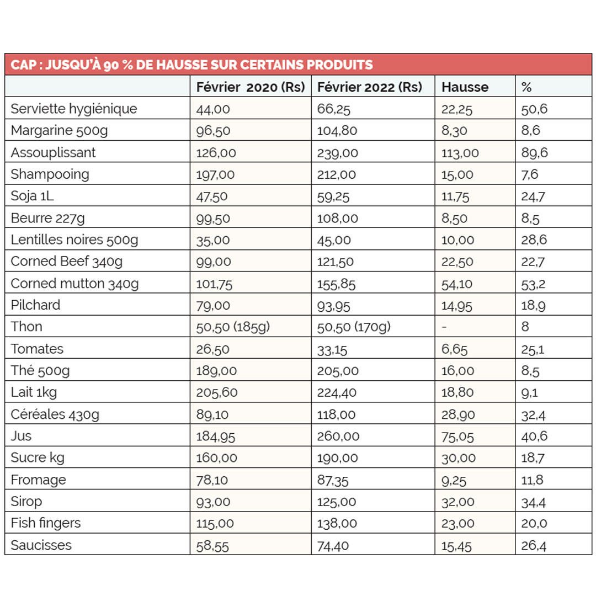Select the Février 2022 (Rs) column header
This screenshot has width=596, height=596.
coord(370,87)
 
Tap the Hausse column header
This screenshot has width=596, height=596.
coord(465,87)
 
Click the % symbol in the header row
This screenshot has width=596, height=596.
coord(526,87)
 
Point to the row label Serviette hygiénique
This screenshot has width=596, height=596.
coord(73,109)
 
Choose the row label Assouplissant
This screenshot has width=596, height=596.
coord(53,152)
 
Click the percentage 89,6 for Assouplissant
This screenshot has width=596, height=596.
coord(535,153)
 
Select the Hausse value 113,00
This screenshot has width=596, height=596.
coord(460,153)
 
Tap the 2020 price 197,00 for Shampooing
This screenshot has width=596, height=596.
coord(215,175)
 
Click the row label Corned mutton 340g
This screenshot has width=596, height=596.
coord(74,284)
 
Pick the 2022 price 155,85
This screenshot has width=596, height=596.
coord(336,284)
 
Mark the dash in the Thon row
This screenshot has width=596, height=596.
coord(445,327)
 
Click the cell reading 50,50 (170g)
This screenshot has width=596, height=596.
coord(354,327)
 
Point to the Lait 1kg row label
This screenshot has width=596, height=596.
coord(34,392)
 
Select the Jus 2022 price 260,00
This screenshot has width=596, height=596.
coord(338,437)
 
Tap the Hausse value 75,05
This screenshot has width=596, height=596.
coord(457,437)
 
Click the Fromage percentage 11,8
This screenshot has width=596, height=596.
coord(533,480)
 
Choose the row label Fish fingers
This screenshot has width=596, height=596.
coord(46,523)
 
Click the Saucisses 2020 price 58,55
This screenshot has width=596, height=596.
coord(212,546)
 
